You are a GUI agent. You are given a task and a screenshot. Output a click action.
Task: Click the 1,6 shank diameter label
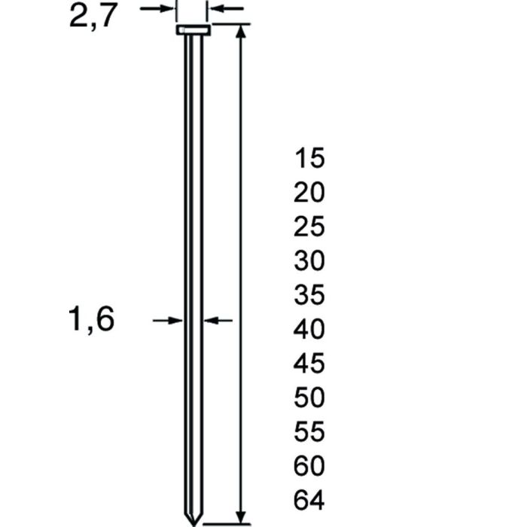tap(92, 321)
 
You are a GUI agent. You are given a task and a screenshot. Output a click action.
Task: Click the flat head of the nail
tap(193, 31)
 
